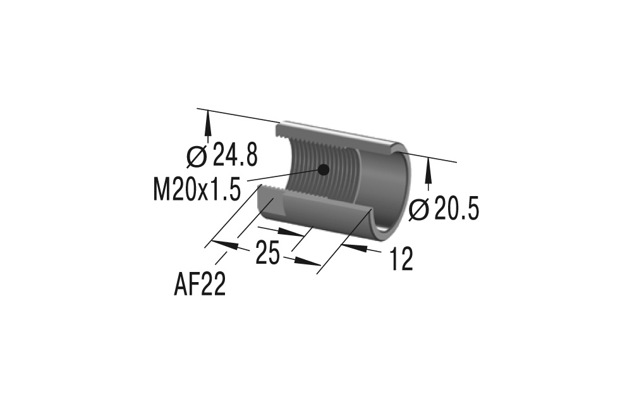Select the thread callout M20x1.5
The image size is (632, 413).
[197, 188]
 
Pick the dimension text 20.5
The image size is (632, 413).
[454, 209]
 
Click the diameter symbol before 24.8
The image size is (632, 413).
[197, 154]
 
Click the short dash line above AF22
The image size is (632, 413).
[222, 257]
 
